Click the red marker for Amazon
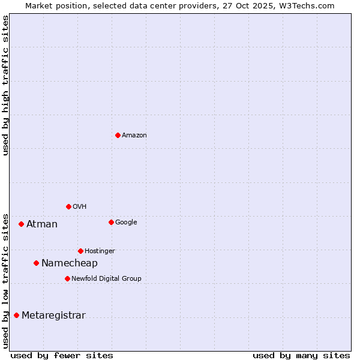tap(118, 135)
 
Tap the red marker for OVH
tap(68, 206)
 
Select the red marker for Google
tap(111, 222)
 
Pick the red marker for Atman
tap(21, 224)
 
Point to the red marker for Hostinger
tap(80, 251)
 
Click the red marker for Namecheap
tap(36, 263)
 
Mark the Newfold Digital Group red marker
tap(67, 278)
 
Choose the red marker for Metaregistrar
tap(16, 315)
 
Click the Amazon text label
tap(134, 136)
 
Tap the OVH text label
tap(80, 207)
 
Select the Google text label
tap(126, 223)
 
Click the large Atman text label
tap(42, 224)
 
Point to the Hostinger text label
tap(100, 251)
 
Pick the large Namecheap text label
tap(69, 263)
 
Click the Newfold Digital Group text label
tap(106, 279)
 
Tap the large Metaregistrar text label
tap(53, 316)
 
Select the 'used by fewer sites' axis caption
tap(62, 355)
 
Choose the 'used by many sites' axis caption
tap(301, 355)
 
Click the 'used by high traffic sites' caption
tap(5, 85)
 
